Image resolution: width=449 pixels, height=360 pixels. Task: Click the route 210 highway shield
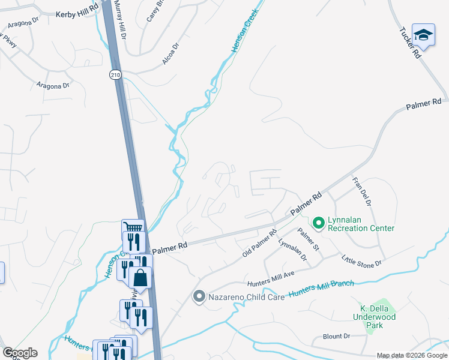[115, 74]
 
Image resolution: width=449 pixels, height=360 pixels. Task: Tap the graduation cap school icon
[423, 35]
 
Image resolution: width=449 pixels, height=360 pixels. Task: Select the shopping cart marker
[133, 228]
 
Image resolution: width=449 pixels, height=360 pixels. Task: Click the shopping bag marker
[140, 278]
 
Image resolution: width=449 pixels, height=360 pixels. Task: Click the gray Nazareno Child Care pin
[199, 296]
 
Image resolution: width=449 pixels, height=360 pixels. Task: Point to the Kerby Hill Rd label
[76, 13]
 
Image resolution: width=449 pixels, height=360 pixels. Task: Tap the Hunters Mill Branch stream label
[322, 289]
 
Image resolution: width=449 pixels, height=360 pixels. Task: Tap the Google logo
[20, 353]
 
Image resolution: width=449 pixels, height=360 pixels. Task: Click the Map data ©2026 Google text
[412, 355]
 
